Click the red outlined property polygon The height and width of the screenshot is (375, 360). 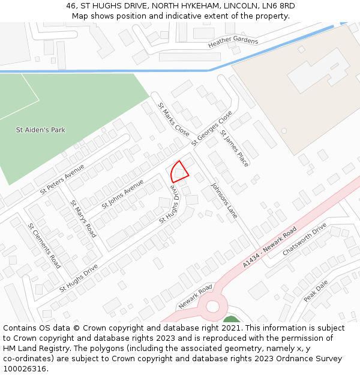click(179, 172)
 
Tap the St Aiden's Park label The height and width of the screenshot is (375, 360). click(41, 130)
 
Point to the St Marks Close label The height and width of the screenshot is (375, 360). click(173, 119)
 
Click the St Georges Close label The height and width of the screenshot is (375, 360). click(212, 128)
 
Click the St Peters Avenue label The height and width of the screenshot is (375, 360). click(62, 180)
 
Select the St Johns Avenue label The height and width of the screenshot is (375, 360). click(122, 194)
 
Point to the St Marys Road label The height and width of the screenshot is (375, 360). click(83, 219)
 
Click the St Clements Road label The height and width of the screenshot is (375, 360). click(44, 245)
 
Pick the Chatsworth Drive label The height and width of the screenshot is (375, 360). click(305, 238)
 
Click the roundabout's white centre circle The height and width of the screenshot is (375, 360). click(212, 307)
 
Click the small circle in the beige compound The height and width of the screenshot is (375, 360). click(284, 130)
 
